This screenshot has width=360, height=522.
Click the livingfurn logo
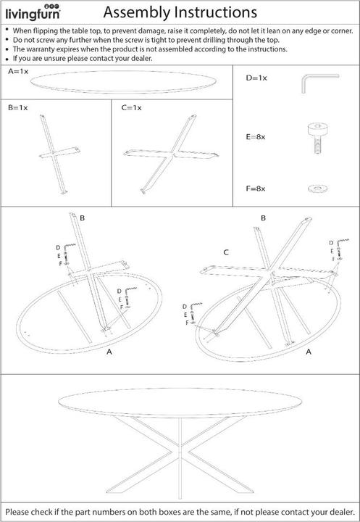tap(33, 12)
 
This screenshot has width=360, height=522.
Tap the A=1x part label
tap(18, 71)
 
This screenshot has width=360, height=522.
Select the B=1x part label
tap(18, 107)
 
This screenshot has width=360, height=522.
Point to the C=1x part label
tap(131, 107)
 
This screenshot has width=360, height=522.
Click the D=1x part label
tap(256, 78)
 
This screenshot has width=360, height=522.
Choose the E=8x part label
tap(256, 137)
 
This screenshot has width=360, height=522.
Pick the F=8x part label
tap(256, 188)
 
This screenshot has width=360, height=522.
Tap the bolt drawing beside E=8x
tap(317, 138)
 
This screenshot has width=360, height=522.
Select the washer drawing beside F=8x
tap(317, 189)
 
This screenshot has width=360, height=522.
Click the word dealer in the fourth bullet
tap(141, 58)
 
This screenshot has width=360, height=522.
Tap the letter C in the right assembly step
tap(226, 252)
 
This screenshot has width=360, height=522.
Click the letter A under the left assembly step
tap(109, 352)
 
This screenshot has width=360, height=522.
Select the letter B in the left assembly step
tap(82, 218)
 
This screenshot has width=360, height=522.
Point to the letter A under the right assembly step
tap(309, 352)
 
